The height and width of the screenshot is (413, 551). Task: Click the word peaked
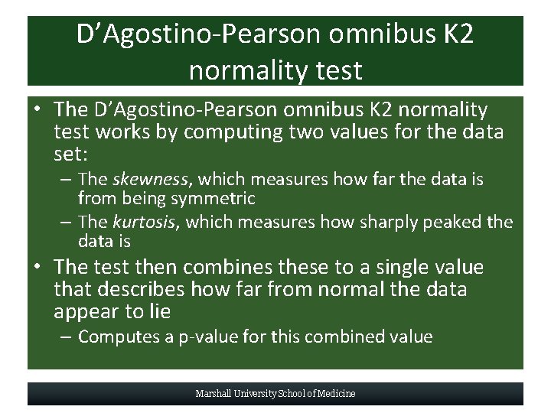(x=456, y=223)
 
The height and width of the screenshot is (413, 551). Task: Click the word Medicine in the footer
(x=336, y=394)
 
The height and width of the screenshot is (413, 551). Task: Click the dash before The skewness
(x=66, y=180)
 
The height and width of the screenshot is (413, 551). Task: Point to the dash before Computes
(x=66, y=337)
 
